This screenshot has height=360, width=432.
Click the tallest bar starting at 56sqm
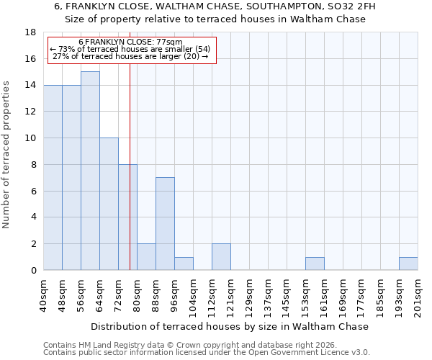click(x=90, y=171)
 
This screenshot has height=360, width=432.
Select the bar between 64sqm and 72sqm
click(x=109, y=204)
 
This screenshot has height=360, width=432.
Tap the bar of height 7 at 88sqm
click(x=165, y=223)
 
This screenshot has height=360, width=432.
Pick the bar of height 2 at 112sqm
click(x=221, y=256)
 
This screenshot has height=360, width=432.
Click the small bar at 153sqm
click(x=315, y=264)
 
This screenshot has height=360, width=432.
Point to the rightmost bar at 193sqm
click(x=408, y=264)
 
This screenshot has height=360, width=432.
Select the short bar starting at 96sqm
click(x=184, y=264)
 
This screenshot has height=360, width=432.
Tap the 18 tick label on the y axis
click(x=31, y=32)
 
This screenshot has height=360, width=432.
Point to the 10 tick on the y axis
click(x=31, y=138)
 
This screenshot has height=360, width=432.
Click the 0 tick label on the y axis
click(x=34, y=271)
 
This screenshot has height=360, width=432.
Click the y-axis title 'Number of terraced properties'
click(x=7, y=155)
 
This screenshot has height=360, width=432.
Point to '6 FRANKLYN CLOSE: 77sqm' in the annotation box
click(x=130, y=42)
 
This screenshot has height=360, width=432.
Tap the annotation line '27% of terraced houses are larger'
click(x=130, y=56)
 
